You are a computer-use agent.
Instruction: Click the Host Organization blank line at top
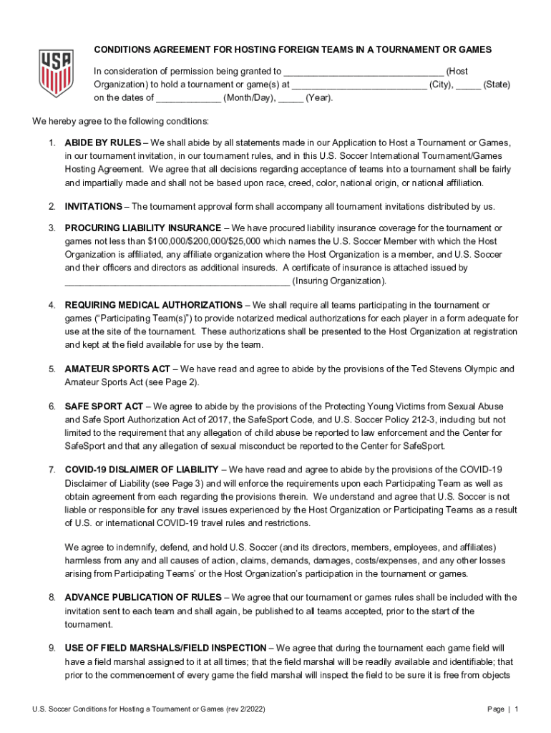[x=364, y=72]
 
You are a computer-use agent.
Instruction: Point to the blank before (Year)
[x=291, y=99]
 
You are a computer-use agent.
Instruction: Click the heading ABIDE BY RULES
[x=102, y=142]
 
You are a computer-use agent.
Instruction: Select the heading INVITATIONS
[x=93, y=207]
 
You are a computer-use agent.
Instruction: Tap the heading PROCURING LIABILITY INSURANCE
[x=140, y=228]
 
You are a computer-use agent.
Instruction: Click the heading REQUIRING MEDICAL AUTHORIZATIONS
[x=153, y=306]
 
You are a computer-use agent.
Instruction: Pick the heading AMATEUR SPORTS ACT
[x=117, y=369]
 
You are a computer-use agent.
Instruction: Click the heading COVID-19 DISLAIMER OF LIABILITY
[x=142, y=470]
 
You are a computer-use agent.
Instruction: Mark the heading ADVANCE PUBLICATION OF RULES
[x=144, y=598]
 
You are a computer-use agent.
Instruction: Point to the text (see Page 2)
[x=173, y=383]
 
